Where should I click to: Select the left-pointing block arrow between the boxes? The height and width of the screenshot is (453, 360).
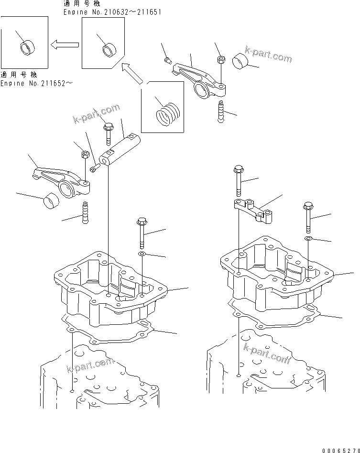click(65, 44)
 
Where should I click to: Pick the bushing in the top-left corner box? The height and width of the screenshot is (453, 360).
click(27, 47)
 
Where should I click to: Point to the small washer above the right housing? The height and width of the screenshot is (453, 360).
click(308, 238)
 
